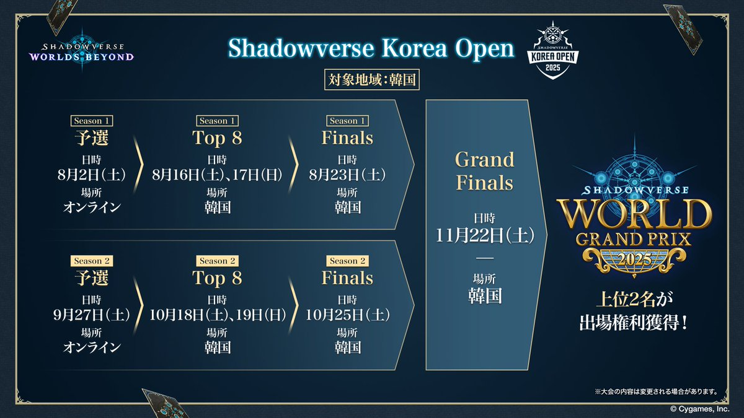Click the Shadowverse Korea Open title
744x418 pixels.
[371, 49]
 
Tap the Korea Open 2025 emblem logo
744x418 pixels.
[552, 50]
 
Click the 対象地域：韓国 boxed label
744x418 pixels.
[372, 80]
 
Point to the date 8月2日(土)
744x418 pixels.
[92, 175]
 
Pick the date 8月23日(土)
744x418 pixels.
[347, 175]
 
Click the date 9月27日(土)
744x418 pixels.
[92, 315]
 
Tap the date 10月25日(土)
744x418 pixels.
[347, 315]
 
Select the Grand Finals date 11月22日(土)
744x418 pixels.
[485, 235]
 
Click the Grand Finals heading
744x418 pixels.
[485, 171]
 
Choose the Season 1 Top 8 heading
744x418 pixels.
[217, 138]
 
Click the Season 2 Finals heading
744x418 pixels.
[347, 278]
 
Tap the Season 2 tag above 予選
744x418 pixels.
[92, 261]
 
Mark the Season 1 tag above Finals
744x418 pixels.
[347, 121]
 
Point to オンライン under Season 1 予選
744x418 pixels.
[92, 207]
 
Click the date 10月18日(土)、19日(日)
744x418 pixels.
[218, 315]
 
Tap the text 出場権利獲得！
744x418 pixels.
[633, 322]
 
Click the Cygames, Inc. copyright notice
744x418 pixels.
[700, 409]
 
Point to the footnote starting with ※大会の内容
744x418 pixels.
[656, 392]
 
